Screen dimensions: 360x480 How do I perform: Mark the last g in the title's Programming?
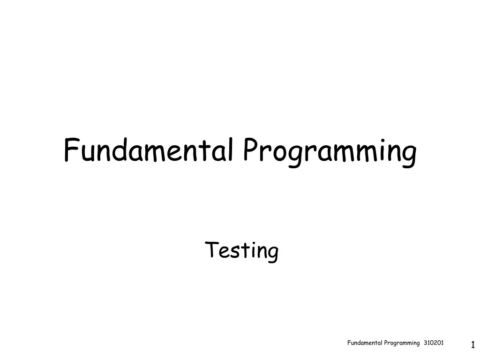pyautogui.click(x=408, y=155)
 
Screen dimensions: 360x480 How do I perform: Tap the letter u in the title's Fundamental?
pyautogui.click(x=88, y=153)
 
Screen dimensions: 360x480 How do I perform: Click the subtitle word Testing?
pyautogui.click(x=242, y=250)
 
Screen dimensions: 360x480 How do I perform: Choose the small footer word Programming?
pyautogui.click(x=402, y=344)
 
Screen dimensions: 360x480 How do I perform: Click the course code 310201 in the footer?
pyautogui.click(x=434, y=343)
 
